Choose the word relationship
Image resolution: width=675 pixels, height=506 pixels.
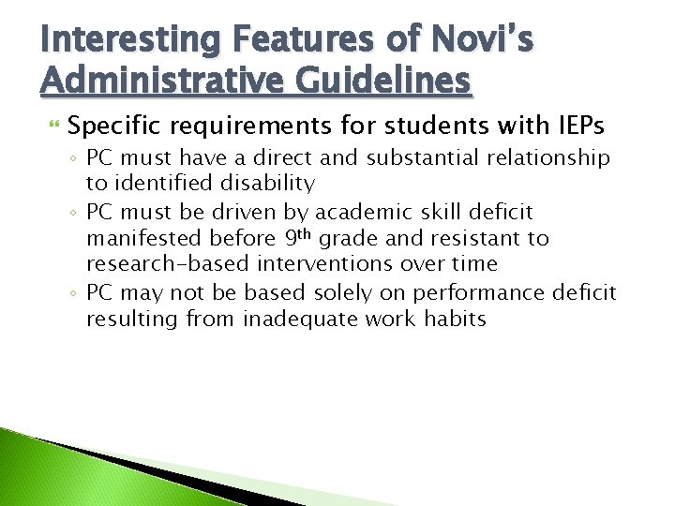[549, 158]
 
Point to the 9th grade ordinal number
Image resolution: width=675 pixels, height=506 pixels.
[298, 237]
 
